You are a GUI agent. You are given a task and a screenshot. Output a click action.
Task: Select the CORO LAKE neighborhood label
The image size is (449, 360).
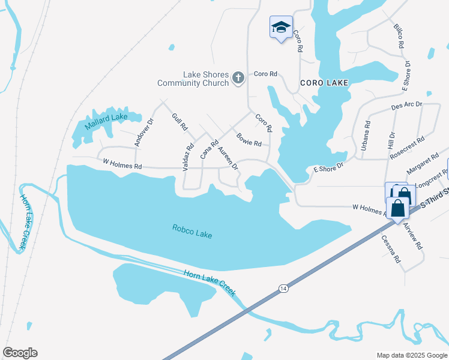pos(324,83)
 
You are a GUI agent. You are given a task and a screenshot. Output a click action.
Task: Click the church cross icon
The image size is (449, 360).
pos(238,77)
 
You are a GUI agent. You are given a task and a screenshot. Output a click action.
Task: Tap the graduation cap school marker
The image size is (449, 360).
pos(280,27)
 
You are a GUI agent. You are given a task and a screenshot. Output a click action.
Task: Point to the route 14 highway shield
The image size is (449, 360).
pos(282,289)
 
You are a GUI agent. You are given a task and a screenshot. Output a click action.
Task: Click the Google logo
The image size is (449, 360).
pos(20,353)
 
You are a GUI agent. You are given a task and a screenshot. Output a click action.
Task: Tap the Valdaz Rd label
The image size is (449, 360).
pos(188,155)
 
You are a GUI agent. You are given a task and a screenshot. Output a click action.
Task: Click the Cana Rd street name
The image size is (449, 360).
pos(209,150)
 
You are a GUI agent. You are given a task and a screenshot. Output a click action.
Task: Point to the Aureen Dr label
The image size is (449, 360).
pos(228,157)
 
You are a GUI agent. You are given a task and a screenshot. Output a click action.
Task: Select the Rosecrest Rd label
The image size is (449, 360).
pos(407,147)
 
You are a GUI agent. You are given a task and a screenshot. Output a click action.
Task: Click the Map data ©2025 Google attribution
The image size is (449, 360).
pos(411,355)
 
